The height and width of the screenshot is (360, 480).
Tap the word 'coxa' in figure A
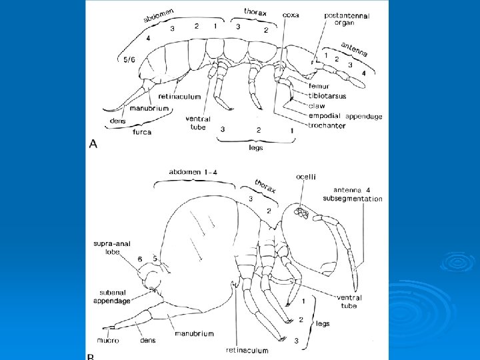(x=291, y=14)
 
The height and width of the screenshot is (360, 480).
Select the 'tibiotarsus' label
(x=327, y=95)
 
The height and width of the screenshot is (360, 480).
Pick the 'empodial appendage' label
(x=345, y=116)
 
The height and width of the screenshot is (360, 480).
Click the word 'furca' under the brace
(x=141, y=132)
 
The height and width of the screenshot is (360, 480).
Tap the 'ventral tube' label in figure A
(x=198, y=123)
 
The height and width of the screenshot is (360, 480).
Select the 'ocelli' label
(x=306, y=176)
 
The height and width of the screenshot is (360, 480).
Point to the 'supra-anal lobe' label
(x=107, y=247)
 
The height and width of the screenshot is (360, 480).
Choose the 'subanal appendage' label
(x=111, y=296)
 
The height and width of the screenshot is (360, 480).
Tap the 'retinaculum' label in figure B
(x=247, y=350)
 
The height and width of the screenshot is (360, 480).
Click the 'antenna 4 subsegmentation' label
(x=353, y=194)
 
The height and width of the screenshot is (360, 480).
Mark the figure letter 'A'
(x=93, y=144)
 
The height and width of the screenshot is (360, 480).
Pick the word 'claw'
(x=317, y=105)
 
